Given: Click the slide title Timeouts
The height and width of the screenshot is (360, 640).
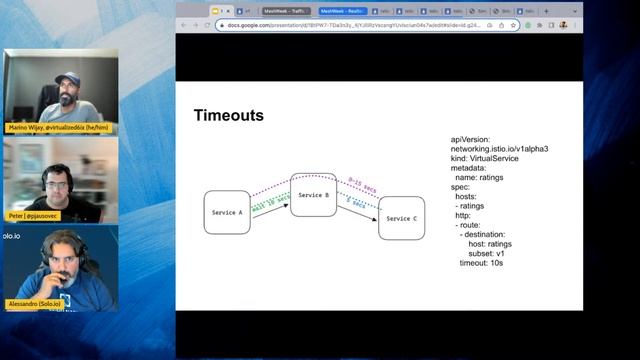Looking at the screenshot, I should click(229, 116).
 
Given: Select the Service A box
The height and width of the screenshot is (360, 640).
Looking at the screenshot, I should click(227, 212).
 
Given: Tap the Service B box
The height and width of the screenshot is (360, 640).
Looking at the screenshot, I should click(313, 195).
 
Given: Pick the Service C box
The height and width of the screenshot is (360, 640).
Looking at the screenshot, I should click(400, 218).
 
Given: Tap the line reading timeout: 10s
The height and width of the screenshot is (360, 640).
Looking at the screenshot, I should click(486, 263).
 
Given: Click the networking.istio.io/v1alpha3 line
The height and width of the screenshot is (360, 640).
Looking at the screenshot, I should click(499, 148).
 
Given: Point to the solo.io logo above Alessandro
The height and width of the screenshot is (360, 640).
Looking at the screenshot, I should click(10, 236).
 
